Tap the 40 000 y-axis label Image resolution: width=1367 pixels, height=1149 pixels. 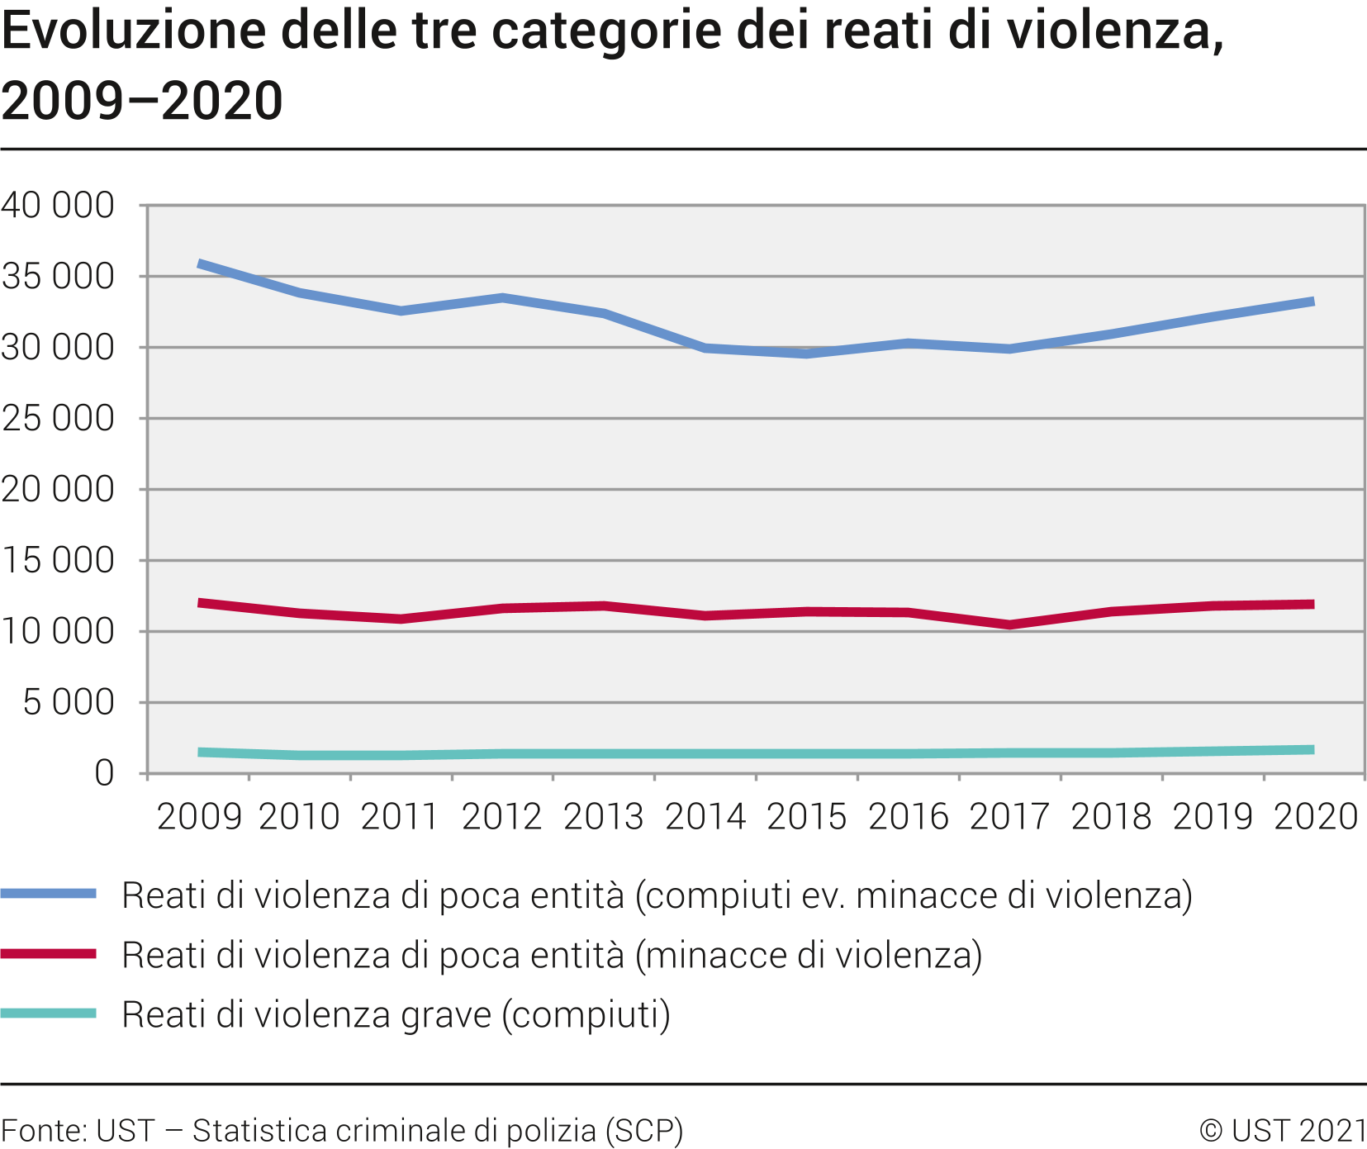(x=58, y=205)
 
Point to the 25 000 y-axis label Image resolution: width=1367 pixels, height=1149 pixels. (x=58, y=418)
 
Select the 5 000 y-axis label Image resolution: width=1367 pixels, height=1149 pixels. (x=69, y=702)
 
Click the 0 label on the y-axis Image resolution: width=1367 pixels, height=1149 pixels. (x=104, y=773)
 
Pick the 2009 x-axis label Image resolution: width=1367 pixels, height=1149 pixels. (x=199, y=817)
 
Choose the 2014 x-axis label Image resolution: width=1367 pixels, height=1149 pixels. (x=705, y=817)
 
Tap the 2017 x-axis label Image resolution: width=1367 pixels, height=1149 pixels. (x=1009, y=817)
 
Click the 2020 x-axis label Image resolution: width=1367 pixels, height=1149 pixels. (x=1316, y=817)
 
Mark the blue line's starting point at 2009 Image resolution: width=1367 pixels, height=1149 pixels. (x=200, y=264)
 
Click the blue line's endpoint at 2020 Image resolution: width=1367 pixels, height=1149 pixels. (x=1313, y=301)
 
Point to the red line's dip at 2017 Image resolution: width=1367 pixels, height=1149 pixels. (x=1009, y=624)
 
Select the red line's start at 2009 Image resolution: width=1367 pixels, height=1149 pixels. (x=200, y=603)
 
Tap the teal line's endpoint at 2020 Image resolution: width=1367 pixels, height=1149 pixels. (x=1313, y=750)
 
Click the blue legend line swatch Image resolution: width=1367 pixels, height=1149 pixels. (x=49, y=894)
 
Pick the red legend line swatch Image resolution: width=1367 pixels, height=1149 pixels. (x=49, y=954)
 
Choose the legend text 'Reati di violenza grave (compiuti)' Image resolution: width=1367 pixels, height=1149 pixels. (x=396, y=1014)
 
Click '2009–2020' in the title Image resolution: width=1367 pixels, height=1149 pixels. (x=142, y=101)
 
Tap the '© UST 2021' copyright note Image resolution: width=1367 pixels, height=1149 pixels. (x=1282, y=1130)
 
